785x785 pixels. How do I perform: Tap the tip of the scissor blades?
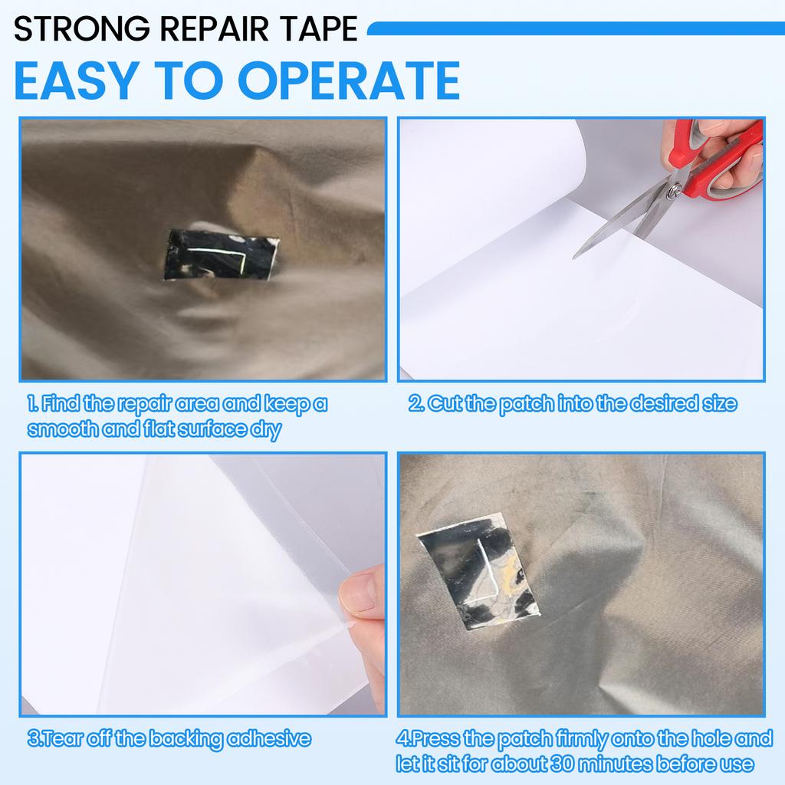click(x=576, y=255)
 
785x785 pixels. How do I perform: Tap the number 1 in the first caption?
click(x=31, y=404)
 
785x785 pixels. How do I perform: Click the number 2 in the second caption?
click(x=415, y=404)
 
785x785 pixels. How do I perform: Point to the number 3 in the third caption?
click(x=32, y=740)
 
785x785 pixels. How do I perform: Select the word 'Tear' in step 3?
click(x=61, y=740)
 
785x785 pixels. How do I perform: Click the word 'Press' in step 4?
click(x=435, y=740)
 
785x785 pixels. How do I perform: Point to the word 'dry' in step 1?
click(x=264, y=429)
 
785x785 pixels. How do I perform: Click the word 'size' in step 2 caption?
click(x=720, y=404)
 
